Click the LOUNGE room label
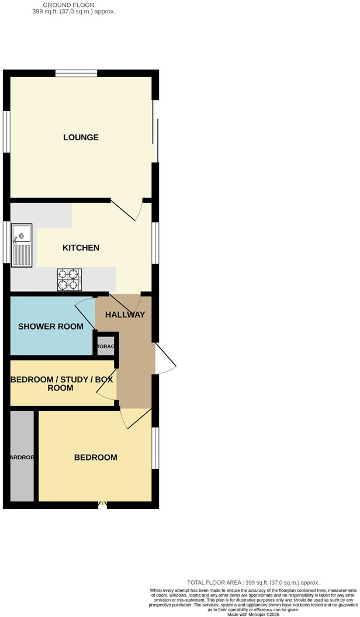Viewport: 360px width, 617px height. coord(81,138)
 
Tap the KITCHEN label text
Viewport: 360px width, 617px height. coord(81,248)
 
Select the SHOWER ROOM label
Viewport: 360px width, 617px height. coord(51,327)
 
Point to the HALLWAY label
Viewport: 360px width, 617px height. coord(125,315)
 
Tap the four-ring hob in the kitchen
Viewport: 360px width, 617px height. coord(68,279)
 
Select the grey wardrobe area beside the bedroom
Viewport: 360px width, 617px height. coord(22,456)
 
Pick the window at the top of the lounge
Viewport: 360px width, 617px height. coord(77,73)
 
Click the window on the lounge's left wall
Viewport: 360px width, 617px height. coord(6,132)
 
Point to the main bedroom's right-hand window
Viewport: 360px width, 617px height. coord(155,448)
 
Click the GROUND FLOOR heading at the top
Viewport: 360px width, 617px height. coord(74,5)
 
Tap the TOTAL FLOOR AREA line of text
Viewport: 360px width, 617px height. coord(253,583)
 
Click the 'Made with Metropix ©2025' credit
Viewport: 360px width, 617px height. coord(253,613)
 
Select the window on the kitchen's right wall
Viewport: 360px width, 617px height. coord(155,242)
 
